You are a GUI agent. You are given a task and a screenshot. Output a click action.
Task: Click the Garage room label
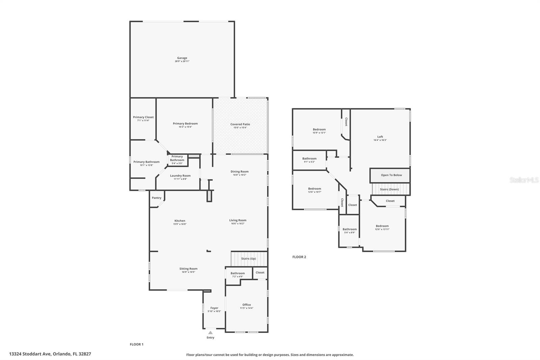(x=182, y=58)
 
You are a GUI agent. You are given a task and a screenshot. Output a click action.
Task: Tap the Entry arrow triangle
(x=210, y=333)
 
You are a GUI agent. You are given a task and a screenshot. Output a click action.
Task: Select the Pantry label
(x=157, y=198)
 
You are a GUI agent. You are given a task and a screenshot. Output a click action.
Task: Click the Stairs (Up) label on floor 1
(x=248, y=259)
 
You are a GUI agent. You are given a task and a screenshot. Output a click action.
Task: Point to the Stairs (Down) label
(x=389, y=189)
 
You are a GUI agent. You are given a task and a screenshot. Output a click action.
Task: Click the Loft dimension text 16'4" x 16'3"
(x=380, y=140)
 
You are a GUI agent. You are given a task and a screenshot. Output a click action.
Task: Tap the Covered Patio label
(x=240, y=124)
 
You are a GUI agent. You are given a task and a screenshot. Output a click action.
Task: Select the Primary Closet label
(x=143, y=117)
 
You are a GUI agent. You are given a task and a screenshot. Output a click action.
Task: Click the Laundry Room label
(x=180, y=176)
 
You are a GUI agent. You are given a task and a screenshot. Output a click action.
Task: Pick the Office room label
(x=246, y=305)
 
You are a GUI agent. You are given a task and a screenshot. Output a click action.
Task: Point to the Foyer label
(x=214, y=308)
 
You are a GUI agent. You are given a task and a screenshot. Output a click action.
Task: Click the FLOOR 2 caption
(x=299, y=257)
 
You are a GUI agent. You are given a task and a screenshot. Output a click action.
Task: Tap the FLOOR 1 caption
(x=137, y=344)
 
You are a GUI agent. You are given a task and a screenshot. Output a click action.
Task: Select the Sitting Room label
(x=188, y=269)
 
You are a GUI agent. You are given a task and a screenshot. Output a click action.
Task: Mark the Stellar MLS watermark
(x=524, y=180)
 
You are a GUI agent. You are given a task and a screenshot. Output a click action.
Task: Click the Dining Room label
(x=240, y=172)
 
